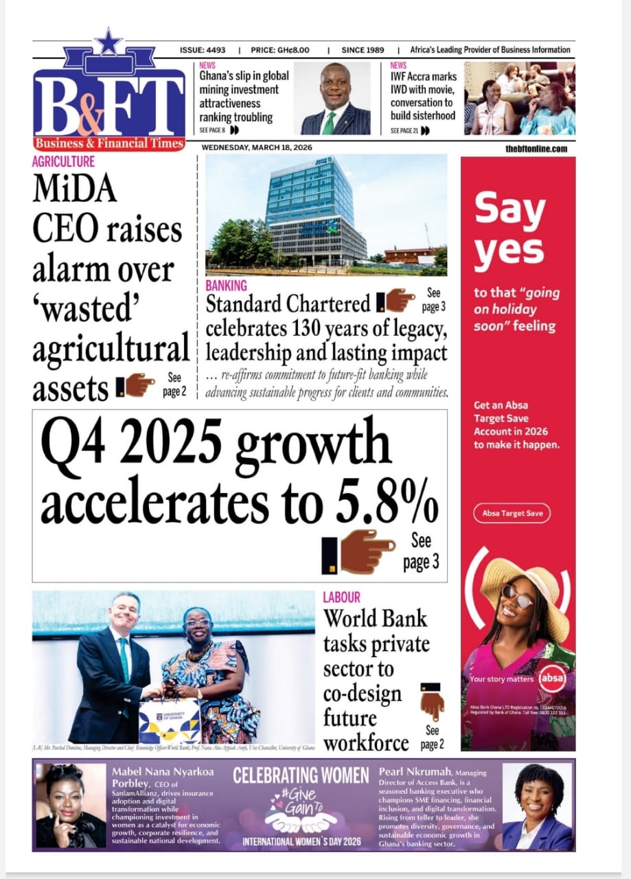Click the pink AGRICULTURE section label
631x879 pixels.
[63, 162]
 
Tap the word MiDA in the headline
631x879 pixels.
[75, 190]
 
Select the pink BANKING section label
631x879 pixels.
[226, 284]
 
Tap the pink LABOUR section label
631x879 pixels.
[341, 597]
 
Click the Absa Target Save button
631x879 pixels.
[512, 514]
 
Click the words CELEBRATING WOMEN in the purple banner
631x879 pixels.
[301, 776]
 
